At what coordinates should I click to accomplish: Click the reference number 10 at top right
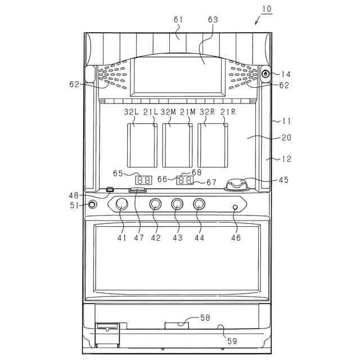[x=266, y=9]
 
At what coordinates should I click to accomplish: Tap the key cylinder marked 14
[x=266, y=73]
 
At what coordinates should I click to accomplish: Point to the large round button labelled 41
[x=121, y=204]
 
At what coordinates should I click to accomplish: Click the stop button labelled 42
[x=156, y=204]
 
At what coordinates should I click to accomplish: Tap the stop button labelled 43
[x=177, y=204]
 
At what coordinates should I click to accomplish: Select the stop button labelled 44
[x=199, y=204]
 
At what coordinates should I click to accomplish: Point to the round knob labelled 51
[x=92, y=205]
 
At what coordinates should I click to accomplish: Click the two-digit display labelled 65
[x=143, y=181]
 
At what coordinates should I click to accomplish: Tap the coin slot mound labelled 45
[x=238, y=183]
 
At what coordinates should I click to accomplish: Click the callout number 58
[x=205, y=318]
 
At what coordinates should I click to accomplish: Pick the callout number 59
[x=231, y=340]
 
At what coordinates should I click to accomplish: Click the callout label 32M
[x=168, y=112]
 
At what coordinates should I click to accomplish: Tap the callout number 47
[x=138, y=238]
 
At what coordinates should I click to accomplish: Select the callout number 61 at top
[x=178, y=20]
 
